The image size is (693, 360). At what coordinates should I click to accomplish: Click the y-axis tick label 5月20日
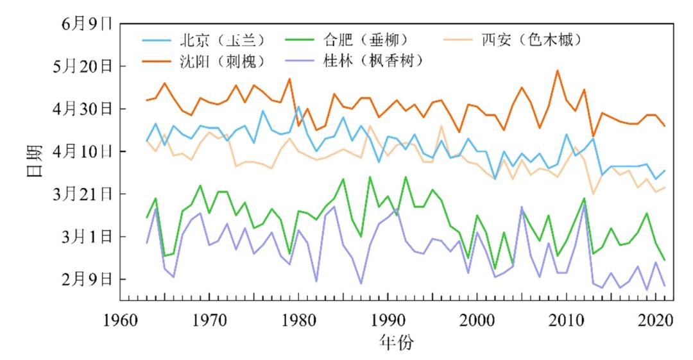pyautogui.click(x=83, y=66)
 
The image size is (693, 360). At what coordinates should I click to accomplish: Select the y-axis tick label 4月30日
pyautogui.click(x=83, y=109)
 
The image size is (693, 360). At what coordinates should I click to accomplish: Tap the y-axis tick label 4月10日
pyautogui.click(x=83, y=151)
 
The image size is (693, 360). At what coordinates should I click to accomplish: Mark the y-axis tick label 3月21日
pyautogui.click(x=83, y=194)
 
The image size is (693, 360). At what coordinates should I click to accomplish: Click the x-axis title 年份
pyautogui.click(x=397, y=342)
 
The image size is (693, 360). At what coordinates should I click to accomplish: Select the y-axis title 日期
pyautogui.click(x=36, y=161)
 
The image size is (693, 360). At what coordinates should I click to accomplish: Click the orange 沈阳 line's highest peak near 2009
pyautogui.click(x=558, y=71)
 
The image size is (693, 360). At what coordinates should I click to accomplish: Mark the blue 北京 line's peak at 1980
pyautogui.click(x=298, y=107)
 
